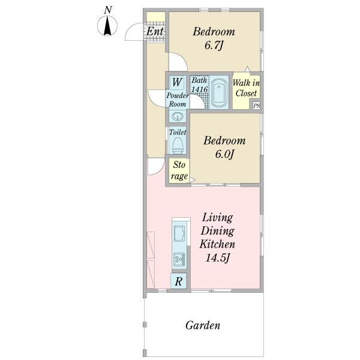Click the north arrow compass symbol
[107, 25]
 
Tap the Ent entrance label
[155, 31]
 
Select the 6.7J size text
[214, 46]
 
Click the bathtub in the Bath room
[219, 93]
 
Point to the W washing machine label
[177, 82]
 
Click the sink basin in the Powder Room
[177, 116]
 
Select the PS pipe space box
[256, 106]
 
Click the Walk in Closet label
[246, 88]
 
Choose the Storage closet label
[179, 170]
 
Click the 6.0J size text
[224, 154]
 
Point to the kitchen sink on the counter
[179, 233]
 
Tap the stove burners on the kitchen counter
[179, 259]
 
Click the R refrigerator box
[179, 281]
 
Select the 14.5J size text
[217, 258]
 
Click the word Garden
[203, 325]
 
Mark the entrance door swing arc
[130, 29]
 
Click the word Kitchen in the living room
[217, 244]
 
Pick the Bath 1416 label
[200, 85]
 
